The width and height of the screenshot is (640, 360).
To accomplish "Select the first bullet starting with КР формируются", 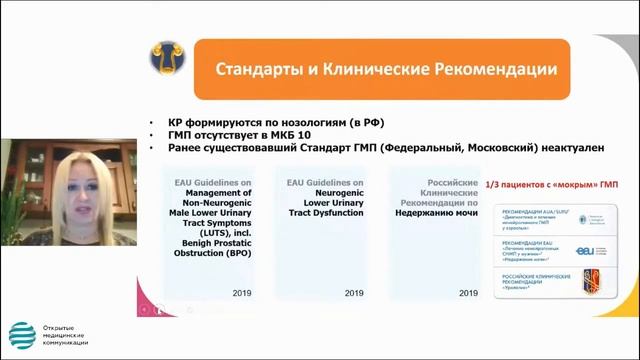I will tap(265, 121).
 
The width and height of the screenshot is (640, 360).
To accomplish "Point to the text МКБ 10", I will tap(292, 134).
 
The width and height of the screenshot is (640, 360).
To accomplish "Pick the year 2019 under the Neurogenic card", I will tap(352, 294).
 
